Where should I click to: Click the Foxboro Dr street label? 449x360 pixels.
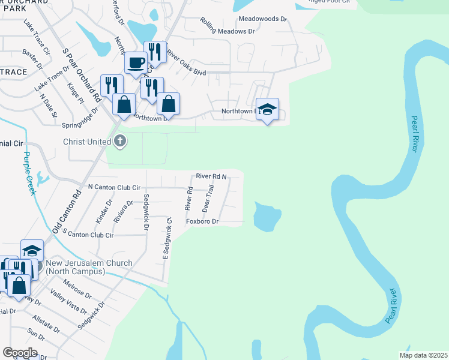(x=200, y=221)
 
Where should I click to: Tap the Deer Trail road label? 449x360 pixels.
(x=208, y=199)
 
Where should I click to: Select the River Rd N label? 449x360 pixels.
(x=211, y=176)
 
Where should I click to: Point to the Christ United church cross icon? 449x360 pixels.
(x=119, y=141)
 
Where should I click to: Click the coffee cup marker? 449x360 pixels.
(x=136, y=62)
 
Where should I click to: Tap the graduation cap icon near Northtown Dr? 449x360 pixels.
(x=267, y=109)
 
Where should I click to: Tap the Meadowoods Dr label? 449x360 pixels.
(x=263, y=19)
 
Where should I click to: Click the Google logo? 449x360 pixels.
(x=20, y=353)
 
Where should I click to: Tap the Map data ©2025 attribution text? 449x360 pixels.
(x=423, y=355)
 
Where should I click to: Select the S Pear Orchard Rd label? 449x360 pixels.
(x=81, y=74)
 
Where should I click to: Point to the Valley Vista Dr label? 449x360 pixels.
(x=68, y=301)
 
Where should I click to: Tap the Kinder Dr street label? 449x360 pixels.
(x=104, y=211)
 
